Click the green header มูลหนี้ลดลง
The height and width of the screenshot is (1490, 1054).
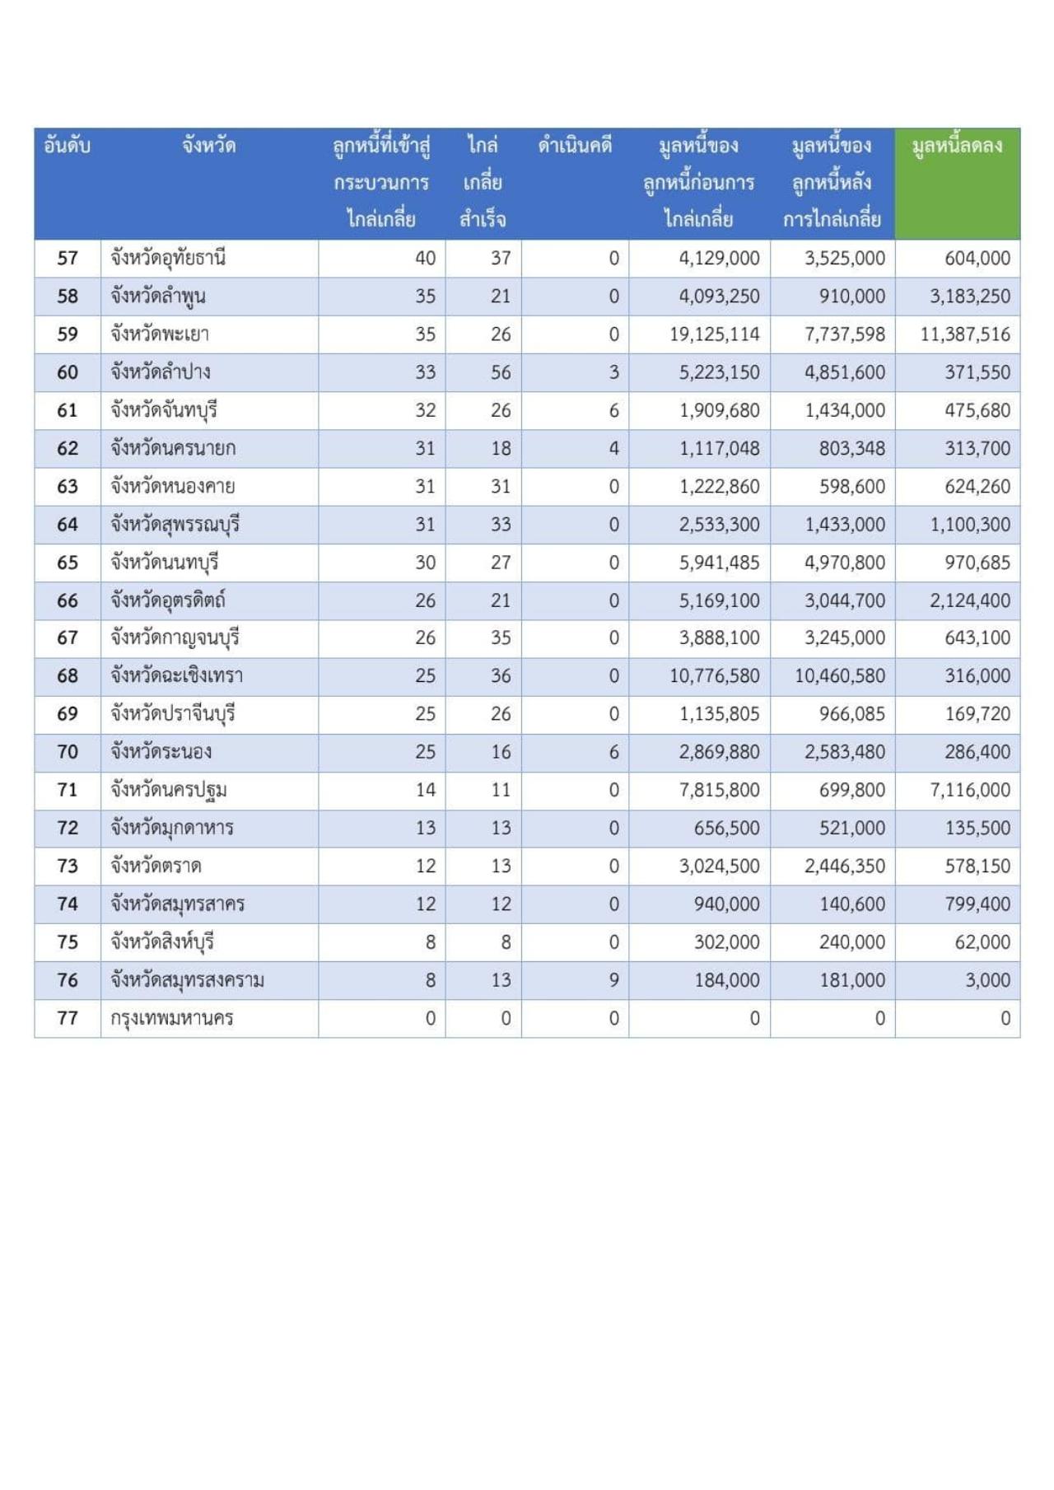(957, 147)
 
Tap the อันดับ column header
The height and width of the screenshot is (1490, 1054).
(67, 147)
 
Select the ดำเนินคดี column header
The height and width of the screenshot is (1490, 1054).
(575, 147)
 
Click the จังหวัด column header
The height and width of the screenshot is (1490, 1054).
(209, 147)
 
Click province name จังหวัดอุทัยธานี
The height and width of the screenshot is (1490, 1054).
(168, 258)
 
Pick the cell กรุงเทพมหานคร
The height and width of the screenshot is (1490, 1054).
(172, 1018)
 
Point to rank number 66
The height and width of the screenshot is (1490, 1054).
(68, 600)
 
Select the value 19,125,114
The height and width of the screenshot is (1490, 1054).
(714, 334)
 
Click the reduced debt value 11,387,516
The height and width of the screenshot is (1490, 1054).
(965, 334)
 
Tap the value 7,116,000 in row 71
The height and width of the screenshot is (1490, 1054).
(970, 790)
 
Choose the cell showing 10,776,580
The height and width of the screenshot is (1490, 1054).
(714, 676)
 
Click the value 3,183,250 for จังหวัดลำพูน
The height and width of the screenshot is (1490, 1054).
(970, 297)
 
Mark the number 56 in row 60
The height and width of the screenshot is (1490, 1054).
(501, 372)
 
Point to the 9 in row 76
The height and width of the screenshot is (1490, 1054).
(613, 980)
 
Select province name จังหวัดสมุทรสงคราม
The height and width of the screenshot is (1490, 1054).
(188, 980)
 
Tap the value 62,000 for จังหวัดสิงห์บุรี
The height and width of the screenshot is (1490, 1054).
(982, 942)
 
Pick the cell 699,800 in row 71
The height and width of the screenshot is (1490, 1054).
(852, 790)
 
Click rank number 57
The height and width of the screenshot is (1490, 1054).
(68, 258)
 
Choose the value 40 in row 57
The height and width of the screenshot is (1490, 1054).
(425, 258)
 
